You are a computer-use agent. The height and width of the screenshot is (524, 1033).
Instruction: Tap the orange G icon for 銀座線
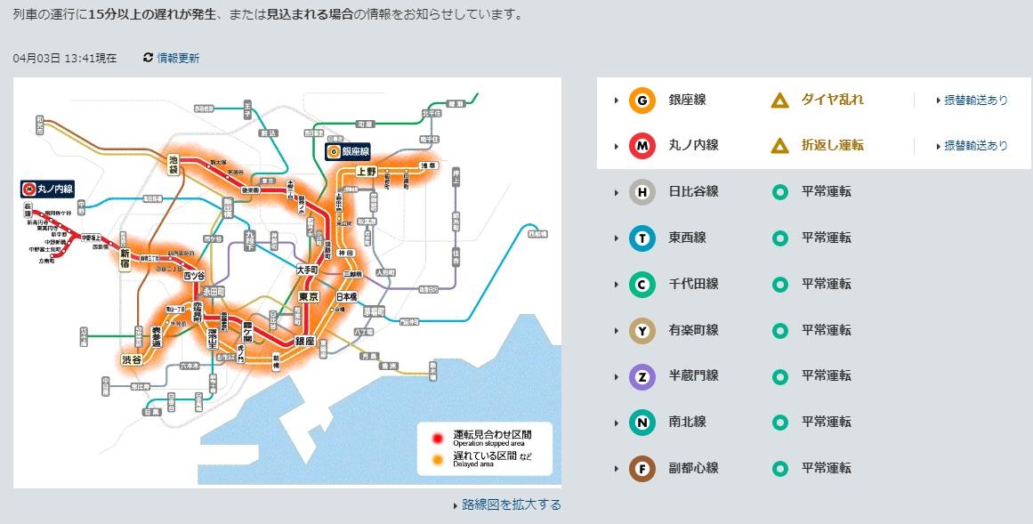click(642, 101)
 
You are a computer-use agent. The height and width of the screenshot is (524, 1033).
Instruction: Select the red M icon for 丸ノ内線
click(642, 146)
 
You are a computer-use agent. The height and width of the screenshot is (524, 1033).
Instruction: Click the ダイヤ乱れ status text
click(832, 100)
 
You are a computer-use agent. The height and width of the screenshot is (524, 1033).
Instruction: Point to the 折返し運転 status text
click(832, 145)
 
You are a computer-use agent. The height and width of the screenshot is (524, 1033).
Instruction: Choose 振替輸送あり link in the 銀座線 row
click(975, 101)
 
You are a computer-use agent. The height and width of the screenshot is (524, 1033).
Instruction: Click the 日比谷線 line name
click(693, 191)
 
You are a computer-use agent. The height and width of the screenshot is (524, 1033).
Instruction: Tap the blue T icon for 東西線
click(642, 238)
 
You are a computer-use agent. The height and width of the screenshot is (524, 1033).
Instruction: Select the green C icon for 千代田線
click(642, 284)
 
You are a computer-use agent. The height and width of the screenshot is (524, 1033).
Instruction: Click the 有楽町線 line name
click(693, 330)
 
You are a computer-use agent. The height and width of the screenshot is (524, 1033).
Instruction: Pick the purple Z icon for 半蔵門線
click(642, 376)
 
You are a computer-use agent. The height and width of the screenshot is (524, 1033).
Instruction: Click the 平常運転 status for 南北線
click(826, 422)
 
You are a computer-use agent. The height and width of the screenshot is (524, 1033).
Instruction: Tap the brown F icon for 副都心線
click(642, 468)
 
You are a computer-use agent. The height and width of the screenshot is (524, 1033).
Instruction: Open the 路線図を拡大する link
click(511, 504)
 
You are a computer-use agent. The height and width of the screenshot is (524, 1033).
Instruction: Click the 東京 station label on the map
click(309, 297)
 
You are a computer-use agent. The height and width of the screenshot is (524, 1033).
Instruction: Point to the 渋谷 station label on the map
click(132, 359)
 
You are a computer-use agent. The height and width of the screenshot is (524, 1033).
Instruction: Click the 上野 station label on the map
click(366, 170)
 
